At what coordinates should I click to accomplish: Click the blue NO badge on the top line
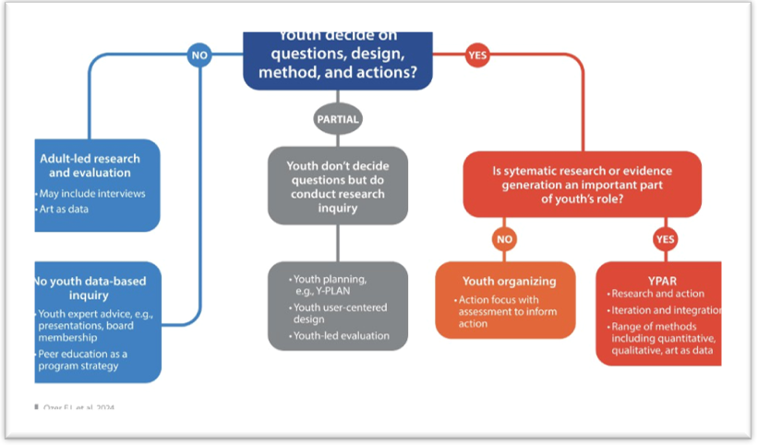click(199, 55)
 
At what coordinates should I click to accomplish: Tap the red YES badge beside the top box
click(477, 55)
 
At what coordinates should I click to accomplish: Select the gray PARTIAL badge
click(337, 119)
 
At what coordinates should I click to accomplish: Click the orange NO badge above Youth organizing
click(504, 240)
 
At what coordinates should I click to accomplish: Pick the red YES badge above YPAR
click(665, 240)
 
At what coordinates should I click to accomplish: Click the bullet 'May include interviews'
click(91, 194)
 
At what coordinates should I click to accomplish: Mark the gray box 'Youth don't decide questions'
click(337, 185)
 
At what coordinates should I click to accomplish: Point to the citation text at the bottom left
click(74, 406)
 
